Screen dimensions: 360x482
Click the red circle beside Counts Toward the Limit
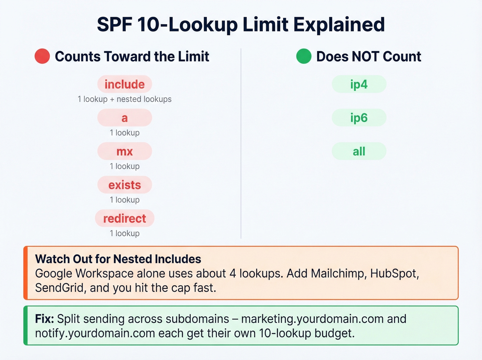point(42,56)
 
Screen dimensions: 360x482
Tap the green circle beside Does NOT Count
point(304,56)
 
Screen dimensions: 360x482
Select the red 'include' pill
point(125,84)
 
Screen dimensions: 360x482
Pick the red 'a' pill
point(125,118)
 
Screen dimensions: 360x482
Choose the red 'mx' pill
point(125,151)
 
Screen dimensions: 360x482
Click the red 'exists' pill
point(125,185)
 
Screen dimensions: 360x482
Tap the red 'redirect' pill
point(125,218)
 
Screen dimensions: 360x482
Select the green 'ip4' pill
point(359,84)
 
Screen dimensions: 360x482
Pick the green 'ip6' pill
point(359,118)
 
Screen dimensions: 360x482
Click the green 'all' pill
point(359,151)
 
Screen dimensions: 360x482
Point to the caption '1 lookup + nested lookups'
point(125,99)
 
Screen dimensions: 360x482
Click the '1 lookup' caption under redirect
point(125,233)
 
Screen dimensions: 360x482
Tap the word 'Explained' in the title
point(339,25)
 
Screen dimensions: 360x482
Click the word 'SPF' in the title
point(114,25)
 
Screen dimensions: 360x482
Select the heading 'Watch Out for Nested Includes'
point(118,259)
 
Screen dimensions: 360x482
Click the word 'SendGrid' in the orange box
point(60,288)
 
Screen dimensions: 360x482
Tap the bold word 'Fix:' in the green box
point(44,319)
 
